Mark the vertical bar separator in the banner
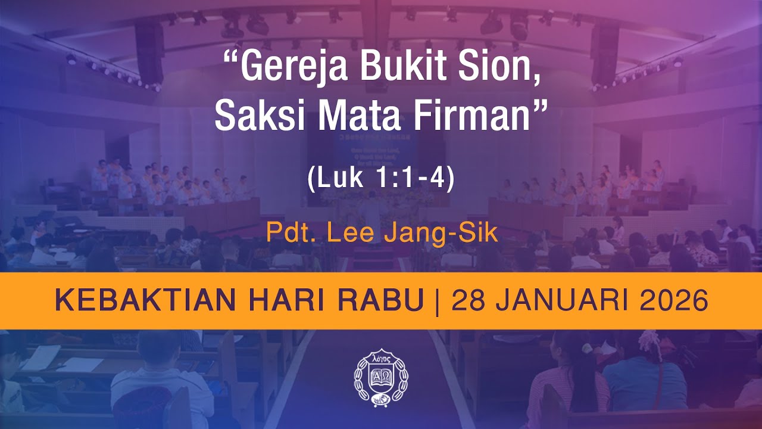438,301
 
